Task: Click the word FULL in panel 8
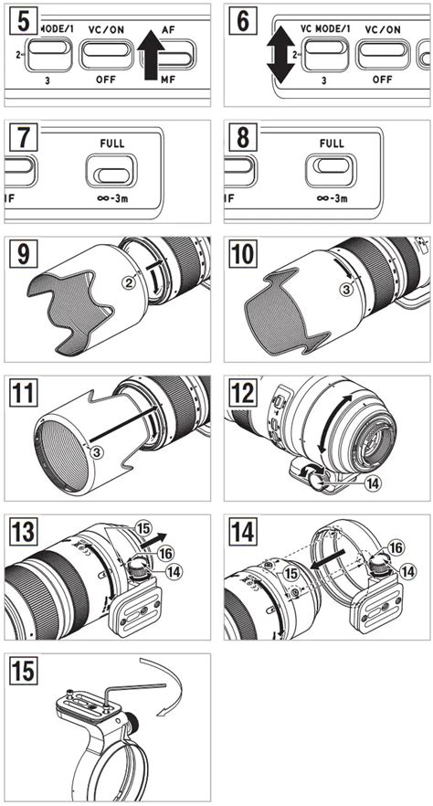point(333,144)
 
